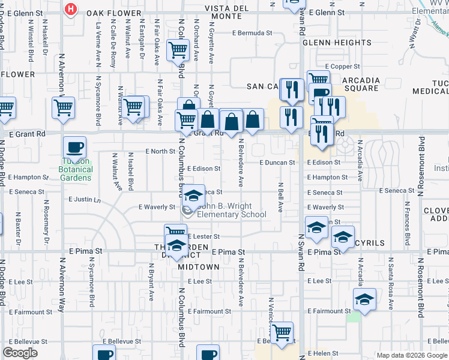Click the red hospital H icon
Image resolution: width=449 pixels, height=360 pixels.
click(71, 9)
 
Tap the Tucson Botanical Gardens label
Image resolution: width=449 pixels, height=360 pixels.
click(76, 170)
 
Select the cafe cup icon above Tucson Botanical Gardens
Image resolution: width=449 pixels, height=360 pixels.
click(75, 146)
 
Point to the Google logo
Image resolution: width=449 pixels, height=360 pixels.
click(20, 353)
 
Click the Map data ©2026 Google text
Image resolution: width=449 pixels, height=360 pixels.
click(412, 355)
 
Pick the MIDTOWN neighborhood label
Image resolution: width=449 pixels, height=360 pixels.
click(199, 266)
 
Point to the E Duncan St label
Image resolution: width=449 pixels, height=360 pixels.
click(277, 163)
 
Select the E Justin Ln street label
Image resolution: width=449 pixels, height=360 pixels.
click(85, 199)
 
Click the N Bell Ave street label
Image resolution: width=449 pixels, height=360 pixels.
click(280, 199)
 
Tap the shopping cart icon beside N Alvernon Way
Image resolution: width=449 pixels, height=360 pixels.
click(63, 108)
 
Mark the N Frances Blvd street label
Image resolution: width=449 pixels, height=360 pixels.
click(407, 224)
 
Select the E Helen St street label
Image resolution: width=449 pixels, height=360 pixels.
click(324, 354)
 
